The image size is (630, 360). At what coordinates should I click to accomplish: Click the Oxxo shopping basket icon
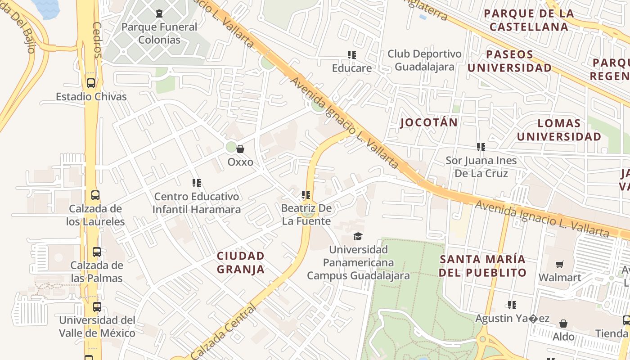[240, 149]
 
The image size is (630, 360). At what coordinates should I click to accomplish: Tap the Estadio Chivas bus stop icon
[90, 83]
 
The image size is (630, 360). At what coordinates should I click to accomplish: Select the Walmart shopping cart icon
[559, 265]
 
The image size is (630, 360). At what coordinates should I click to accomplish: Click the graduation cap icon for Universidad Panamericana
[358, 236]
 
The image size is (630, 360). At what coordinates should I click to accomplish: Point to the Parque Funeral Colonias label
[159, 33]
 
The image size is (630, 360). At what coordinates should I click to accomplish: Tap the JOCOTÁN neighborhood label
[428, 122]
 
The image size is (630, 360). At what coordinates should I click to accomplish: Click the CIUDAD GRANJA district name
[240, 263]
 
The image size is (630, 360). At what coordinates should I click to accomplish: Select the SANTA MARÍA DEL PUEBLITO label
[482, 266]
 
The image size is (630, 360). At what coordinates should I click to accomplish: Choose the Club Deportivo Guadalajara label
[424, 60]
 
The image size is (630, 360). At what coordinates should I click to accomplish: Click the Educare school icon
[352, 55]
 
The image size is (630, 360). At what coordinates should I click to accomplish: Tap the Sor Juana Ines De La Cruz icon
[481, 147]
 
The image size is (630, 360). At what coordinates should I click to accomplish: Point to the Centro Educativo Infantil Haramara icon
[197, 183]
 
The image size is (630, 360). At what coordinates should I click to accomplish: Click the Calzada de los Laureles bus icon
[95, 195]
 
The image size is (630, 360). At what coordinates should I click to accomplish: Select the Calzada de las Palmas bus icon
[96, 252]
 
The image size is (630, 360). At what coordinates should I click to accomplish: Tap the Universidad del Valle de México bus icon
[97, 307]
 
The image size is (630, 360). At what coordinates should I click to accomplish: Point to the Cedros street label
[97, 40]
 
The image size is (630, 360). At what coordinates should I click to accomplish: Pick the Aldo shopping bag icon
[563, 324]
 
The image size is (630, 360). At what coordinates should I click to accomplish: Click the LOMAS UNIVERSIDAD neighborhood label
[559, 130]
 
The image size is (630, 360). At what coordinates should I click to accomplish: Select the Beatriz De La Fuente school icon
[306, 195]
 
